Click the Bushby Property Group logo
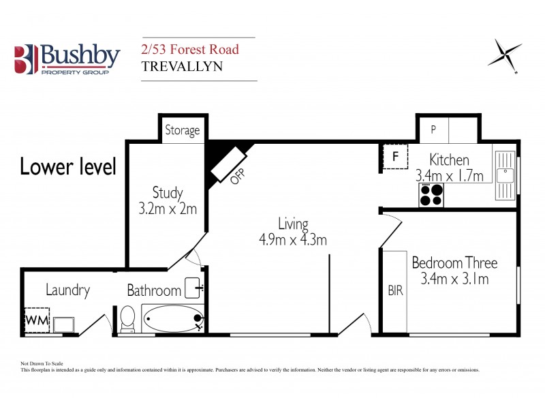pos(67,59)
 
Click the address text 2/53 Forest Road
pos(189,50)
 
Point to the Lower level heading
pos(68,166)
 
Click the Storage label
pos(183,130)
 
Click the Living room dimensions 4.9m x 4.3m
pos(293,240)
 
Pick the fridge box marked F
pos(394,157)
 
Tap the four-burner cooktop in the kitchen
pos(431,195)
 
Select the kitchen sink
pos(505,175)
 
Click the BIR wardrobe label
pos(395,291)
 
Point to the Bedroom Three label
pos(454,262)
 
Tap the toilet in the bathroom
pos(127,319)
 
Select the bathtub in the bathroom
pos(172,318)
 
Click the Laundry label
pos(67,290)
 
